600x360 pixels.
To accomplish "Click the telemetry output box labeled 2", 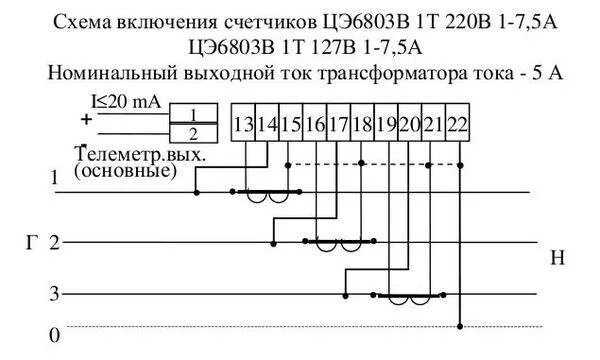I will [x=194, y=133].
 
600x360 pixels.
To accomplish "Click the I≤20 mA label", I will [x=128, y=101].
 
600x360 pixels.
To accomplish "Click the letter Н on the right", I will [x=557, y=259].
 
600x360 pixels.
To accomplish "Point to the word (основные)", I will [x=126, y=171].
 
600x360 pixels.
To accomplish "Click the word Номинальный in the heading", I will [x=109, y=73].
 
